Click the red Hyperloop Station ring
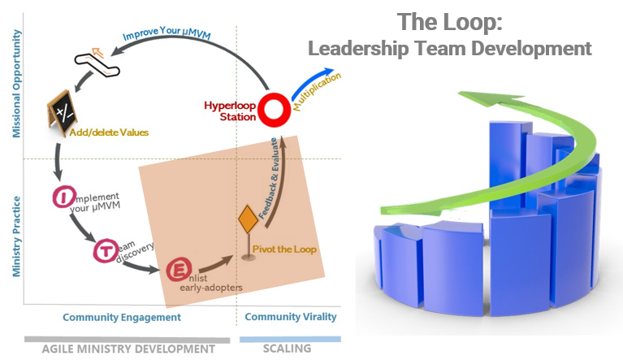(x=275, y=108)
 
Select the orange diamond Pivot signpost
(x=247, y=221)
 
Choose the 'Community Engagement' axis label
(x=122, y=317)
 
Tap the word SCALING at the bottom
(x=286, y=349)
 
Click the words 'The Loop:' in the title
(x=449, y=20)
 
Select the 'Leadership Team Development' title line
(x=449, y=48)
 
